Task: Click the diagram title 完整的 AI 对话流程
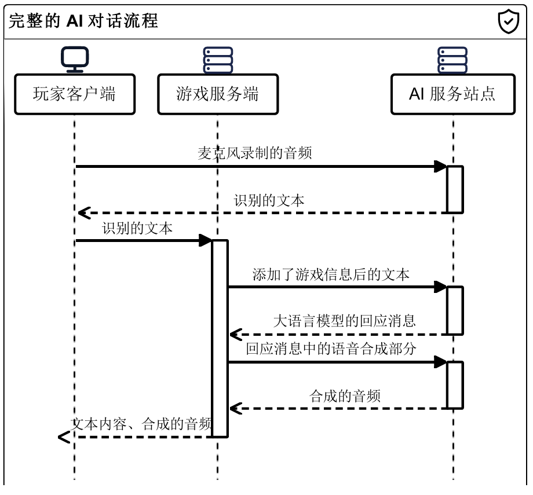click(83, 21)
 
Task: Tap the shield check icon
click(509, 21)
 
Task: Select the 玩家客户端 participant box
click(74, 94)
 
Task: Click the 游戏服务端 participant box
click(218, 94)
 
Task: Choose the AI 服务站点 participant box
click(452, 94)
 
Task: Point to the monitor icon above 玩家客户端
click(75, 58)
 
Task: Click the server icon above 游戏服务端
click(218, 60)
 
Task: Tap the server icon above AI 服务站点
click(452, 60)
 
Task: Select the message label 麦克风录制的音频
click(255, 153)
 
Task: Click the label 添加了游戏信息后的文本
click(331, 274)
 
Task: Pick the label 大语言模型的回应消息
click(344, 321)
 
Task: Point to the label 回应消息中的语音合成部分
click(331, 349)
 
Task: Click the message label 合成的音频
click(345, 396)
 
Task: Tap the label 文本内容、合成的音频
click(141, 423)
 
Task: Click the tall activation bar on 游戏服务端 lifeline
click(220, 338)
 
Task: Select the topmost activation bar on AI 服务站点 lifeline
click(455, 189)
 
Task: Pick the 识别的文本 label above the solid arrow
click(137, 228)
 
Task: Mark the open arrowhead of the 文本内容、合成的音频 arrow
click(64, 437)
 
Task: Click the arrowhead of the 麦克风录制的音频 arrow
click(441, 167)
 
